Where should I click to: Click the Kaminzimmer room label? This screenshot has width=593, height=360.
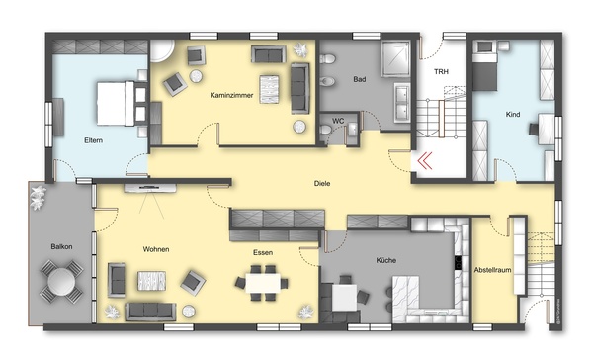point(231,95)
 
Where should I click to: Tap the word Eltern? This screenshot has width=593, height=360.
point(94,140)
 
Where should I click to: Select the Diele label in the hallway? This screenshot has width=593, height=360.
point(322,184)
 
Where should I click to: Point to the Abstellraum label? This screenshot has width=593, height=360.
point(492,270)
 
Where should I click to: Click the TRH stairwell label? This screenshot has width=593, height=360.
point(441,71)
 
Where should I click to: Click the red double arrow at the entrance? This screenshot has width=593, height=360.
point(425,160)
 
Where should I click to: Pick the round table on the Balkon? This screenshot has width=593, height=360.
point(61,281)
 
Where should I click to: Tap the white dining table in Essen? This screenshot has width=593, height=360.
point(263,283)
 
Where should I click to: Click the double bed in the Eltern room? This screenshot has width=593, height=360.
point(116,103)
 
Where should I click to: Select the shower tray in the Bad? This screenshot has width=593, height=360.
point(395,59)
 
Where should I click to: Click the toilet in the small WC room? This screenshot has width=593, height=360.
point(325,131)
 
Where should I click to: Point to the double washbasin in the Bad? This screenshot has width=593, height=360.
point(401,103)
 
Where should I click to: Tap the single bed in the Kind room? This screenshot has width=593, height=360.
point(484,66)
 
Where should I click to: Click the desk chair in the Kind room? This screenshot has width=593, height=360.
point(534,129)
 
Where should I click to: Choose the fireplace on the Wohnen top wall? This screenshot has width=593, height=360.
point(150,188)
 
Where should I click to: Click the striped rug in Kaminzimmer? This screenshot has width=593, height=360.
point(269,89)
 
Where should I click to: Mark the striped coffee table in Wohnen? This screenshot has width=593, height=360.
point(151,281)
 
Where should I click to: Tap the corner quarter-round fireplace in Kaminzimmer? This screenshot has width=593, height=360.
point(161,51)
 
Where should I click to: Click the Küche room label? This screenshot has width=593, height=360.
point(386,260)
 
